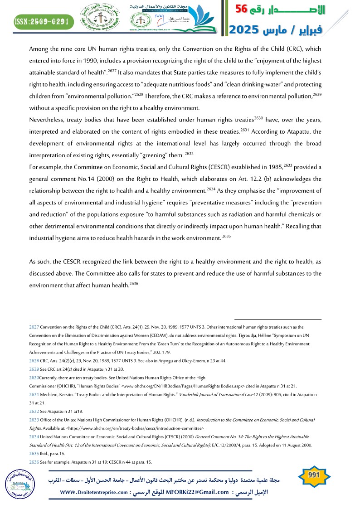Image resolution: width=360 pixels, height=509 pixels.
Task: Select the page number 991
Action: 314,475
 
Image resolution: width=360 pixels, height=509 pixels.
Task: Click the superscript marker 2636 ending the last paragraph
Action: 134,283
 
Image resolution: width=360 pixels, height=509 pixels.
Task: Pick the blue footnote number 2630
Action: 34,377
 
